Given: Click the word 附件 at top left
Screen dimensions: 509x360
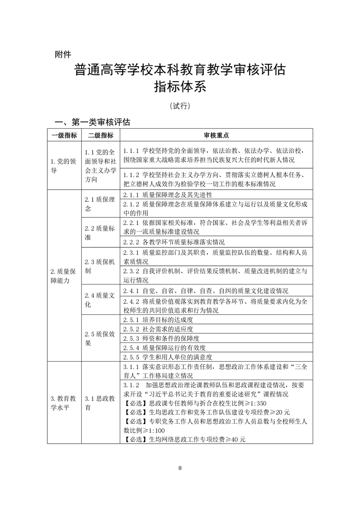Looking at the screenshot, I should click(x=63, y=54).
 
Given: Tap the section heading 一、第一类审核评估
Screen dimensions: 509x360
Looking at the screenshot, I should click(x=93, y=122).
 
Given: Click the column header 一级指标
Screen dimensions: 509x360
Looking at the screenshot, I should click(x=64, y=136).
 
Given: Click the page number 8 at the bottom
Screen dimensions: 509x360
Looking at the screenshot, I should click(x=180, y=468).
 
